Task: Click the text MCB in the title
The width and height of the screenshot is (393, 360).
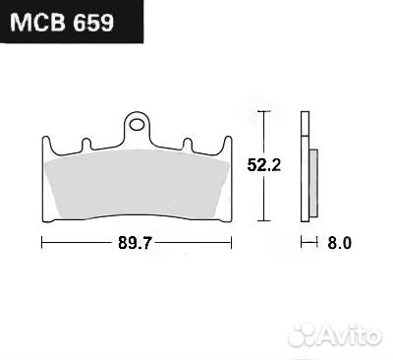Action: (38, 22)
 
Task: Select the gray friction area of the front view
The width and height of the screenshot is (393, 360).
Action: (138, 182)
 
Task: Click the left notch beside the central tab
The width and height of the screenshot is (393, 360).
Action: (86, 144)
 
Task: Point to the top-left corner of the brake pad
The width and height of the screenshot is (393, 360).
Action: (46, 137)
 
